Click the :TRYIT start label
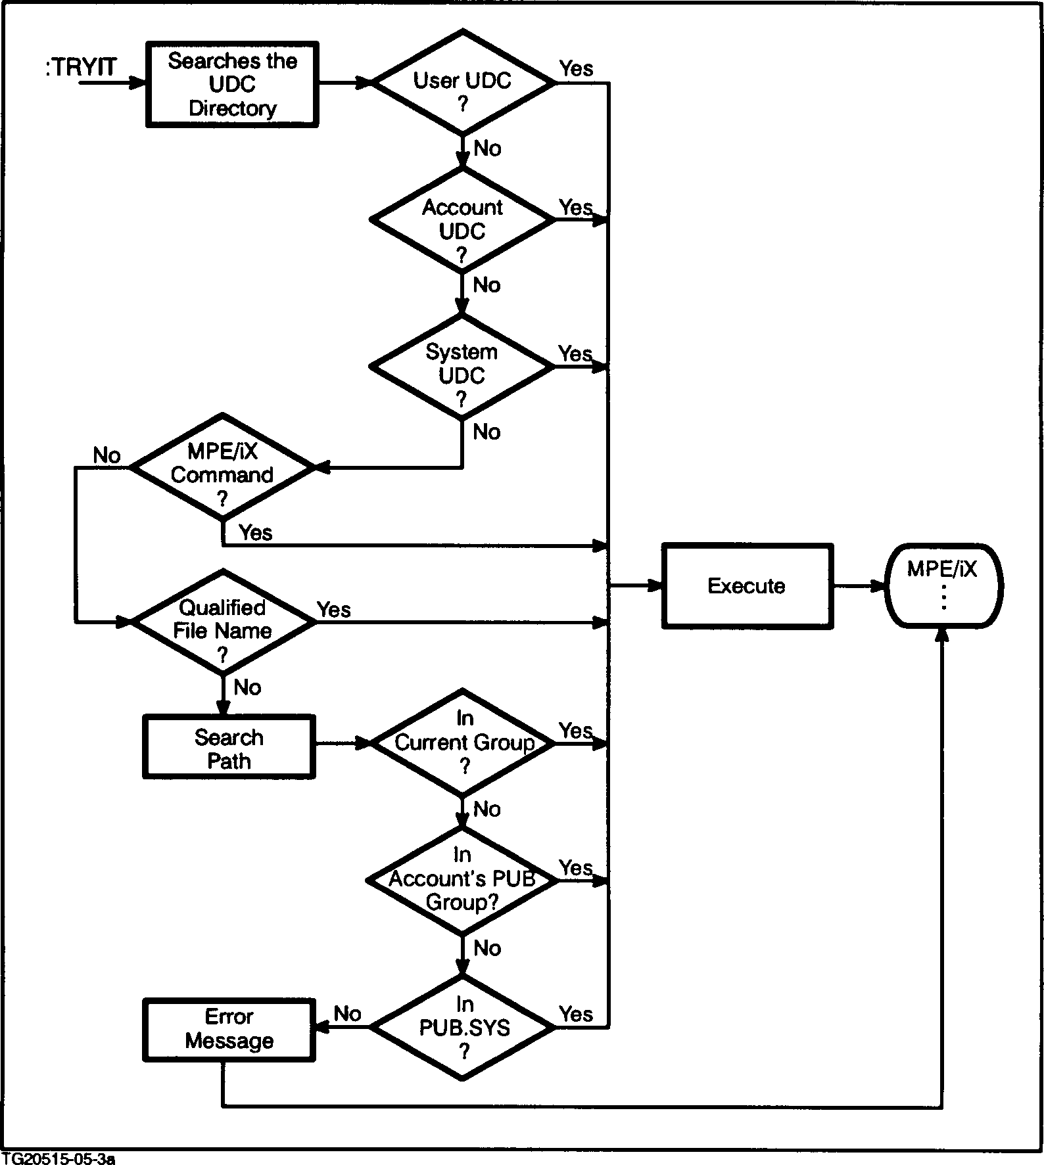[x=81, y=68]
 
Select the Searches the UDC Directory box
[x=231, y=85]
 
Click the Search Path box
[x=229, y=749]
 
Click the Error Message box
[x=229, y=1029]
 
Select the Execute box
[x=747, y=586]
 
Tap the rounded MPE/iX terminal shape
[x=943, y=586]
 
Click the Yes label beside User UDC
[x=576, y=68]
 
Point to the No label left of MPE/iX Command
[x=107, y=455]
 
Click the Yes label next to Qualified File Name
[x=334, y=610]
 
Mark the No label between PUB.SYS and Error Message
[x=347, y=1014]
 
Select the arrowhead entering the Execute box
[x=655, y=585]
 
